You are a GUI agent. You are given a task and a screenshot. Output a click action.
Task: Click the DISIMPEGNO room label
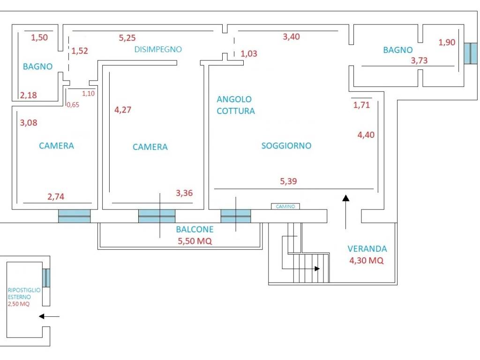pyautogui.click(x=158, y=49)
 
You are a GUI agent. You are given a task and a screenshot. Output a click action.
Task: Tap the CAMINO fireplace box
pyautogui.click(x=285, y=206)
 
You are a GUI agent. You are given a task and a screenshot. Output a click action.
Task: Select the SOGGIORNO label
pyautogui.click(x=286, y=146)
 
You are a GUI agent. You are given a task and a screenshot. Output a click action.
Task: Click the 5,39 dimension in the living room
pyautogui.click(x=288, y=181)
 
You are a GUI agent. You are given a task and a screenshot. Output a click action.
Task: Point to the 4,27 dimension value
pyautogui.click(x=123, y=110)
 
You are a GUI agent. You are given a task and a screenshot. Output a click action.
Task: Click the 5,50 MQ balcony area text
pyautogui.click(x=195, y=241)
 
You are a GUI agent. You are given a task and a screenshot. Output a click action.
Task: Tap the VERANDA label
pyautogui.click(x=367, y=249)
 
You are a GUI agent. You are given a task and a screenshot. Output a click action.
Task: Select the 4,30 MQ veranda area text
pyautogui.click(x=367, y=261)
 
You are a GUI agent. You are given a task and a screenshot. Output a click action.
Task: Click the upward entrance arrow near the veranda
pyautogui.click(x=346, y=212)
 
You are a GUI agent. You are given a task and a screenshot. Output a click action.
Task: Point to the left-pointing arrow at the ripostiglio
pyautogui.click(x=49, y=316)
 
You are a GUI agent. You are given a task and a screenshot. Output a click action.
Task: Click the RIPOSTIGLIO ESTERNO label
pyautogui.click(x=24, y=293)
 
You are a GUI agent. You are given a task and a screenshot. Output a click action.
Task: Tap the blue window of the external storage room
pyautogui.click(x=46, y=277)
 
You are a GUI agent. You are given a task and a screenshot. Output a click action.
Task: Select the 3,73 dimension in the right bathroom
pyautogui.click(x=419, y=60)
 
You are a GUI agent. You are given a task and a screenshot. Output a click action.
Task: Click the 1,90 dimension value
pyautogui.click(x=447, y=42)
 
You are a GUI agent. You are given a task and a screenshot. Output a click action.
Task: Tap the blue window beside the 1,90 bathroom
pyautogui.click(x=471, y=53)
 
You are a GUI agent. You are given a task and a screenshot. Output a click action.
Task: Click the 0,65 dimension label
pyautogui.click(x=73, y=105)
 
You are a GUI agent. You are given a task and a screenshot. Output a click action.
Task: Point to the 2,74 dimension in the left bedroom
pyautogui.click(x=56, y=196)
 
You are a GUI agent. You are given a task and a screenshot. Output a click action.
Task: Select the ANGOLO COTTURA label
pyautogui.click(x=236, y=105)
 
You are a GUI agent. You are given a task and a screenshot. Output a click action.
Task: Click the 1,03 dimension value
pyautogui.click(x=249, y=54)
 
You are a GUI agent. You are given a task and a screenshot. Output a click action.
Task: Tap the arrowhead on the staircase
pyautogui.click(x=317, y=269)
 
